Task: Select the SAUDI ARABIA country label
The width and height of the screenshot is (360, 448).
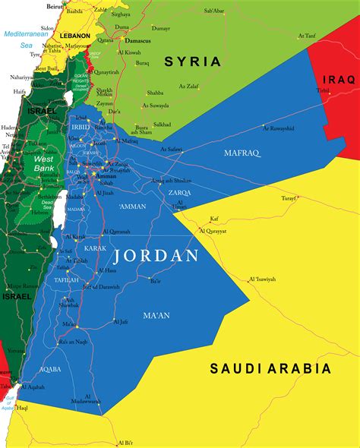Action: [270, 368]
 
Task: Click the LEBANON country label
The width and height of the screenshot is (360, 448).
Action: [75, 36]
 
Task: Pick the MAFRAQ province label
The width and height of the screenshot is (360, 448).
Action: [242, 153]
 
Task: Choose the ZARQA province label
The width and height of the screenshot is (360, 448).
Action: [181, 193]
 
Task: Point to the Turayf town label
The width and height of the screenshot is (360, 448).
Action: [289, 197]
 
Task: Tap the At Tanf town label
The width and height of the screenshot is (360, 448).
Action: [307, 35]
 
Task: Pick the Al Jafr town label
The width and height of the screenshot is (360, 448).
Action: [121, 322]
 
